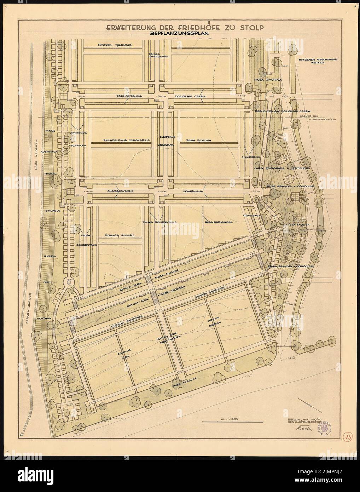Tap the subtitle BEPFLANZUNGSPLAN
click(179, 34)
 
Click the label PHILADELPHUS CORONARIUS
click(126, 140)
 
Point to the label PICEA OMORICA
click(268, 80)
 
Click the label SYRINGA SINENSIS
click(119, 235)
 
